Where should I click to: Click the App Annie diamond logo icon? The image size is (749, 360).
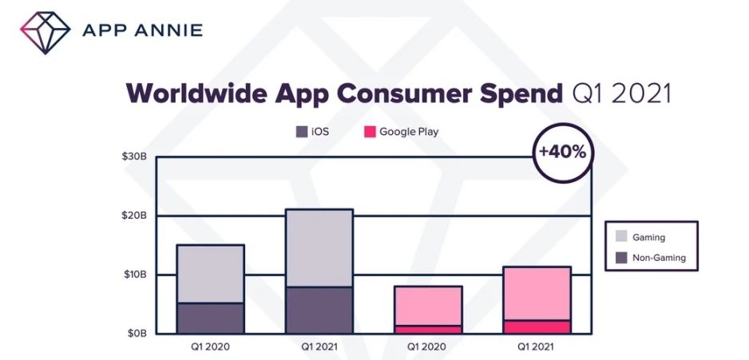click(x=41, y=31)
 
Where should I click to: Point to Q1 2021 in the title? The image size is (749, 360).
click(x=621, y=94)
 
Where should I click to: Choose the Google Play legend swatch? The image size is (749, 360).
click(x=370, y=132)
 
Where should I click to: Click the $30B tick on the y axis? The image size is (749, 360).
click(x=133, y=156)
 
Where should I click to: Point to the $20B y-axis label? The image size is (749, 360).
click(x=133, y=216)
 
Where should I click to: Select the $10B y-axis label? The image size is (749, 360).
click(x=133, y=275)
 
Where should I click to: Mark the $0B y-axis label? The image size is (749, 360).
click(x=136, y=334)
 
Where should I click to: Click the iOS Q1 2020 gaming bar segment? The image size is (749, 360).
click(x=210, y=273)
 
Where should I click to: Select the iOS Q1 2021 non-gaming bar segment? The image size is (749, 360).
click(x=319, y=310)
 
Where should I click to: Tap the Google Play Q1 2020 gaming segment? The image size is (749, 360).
click(x=428, y=305)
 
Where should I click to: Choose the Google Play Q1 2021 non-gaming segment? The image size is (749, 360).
click(x=537, y=326)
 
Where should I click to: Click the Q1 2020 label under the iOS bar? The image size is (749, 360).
click(x=210, y=347)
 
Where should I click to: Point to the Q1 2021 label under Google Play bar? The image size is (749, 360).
click(x=537, y=347)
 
